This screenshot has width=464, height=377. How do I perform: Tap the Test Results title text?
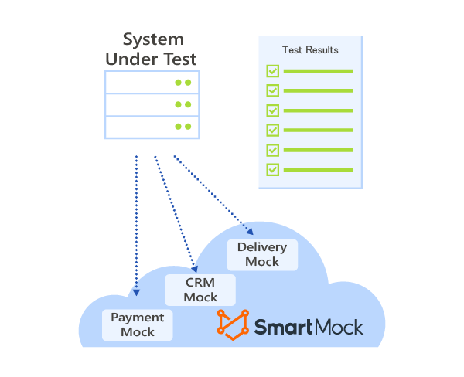click(310, 50)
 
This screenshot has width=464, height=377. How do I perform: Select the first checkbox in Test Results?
click(272, 71)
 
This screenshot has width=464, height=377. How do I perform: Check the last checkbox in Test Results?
click(272, 169)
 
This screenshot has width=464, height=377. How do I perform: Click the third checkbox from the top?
click(272, 110)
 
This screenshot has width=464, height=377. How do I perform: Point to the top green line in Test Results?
click(318, 71)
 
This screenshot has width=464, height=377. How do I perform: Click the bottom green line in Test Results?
click(318, 169)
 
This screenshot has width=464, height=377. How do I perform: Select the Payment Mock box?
click(138, 324)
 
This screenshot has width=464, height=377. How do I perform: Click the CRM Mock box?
click(200, 290)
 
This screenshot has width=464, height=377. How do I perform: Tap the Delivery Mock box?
click(262, 254)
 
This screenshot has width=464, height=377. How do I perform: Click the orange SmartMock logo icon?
click(232, 324)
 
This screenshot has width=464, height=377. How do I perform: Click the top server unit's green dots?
click(183, 82)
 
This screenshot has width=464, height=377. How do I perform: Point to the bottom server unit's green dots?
click(183, 126)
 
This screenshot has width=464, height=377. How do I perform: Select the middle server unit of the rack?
click(152, 104)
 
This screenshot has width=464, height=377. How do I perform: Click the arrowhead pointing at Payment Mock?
click(136, 292)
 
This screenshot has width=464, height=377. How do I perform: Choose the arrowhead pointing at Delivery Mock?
click(248, 229)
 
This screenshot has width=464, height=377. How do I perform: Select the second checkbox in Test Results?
click(272, 90)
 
